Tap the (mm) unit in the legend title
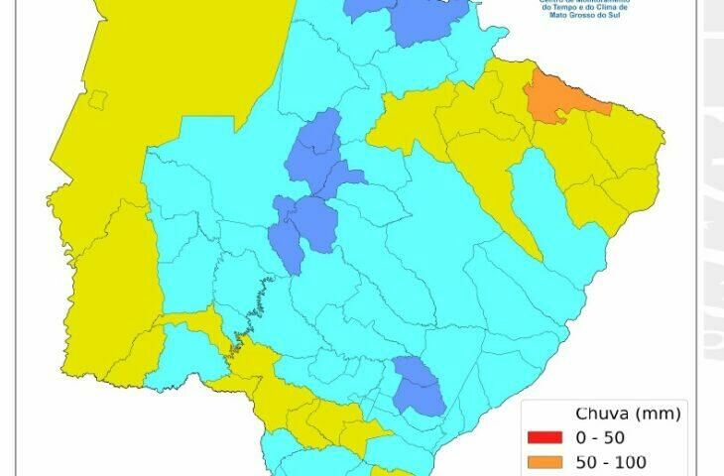click(655, 414)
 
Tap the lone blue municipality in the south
click(420, 385)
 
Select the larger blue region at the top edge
click(428, 20)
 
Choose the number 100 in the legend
click(646, 461)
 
